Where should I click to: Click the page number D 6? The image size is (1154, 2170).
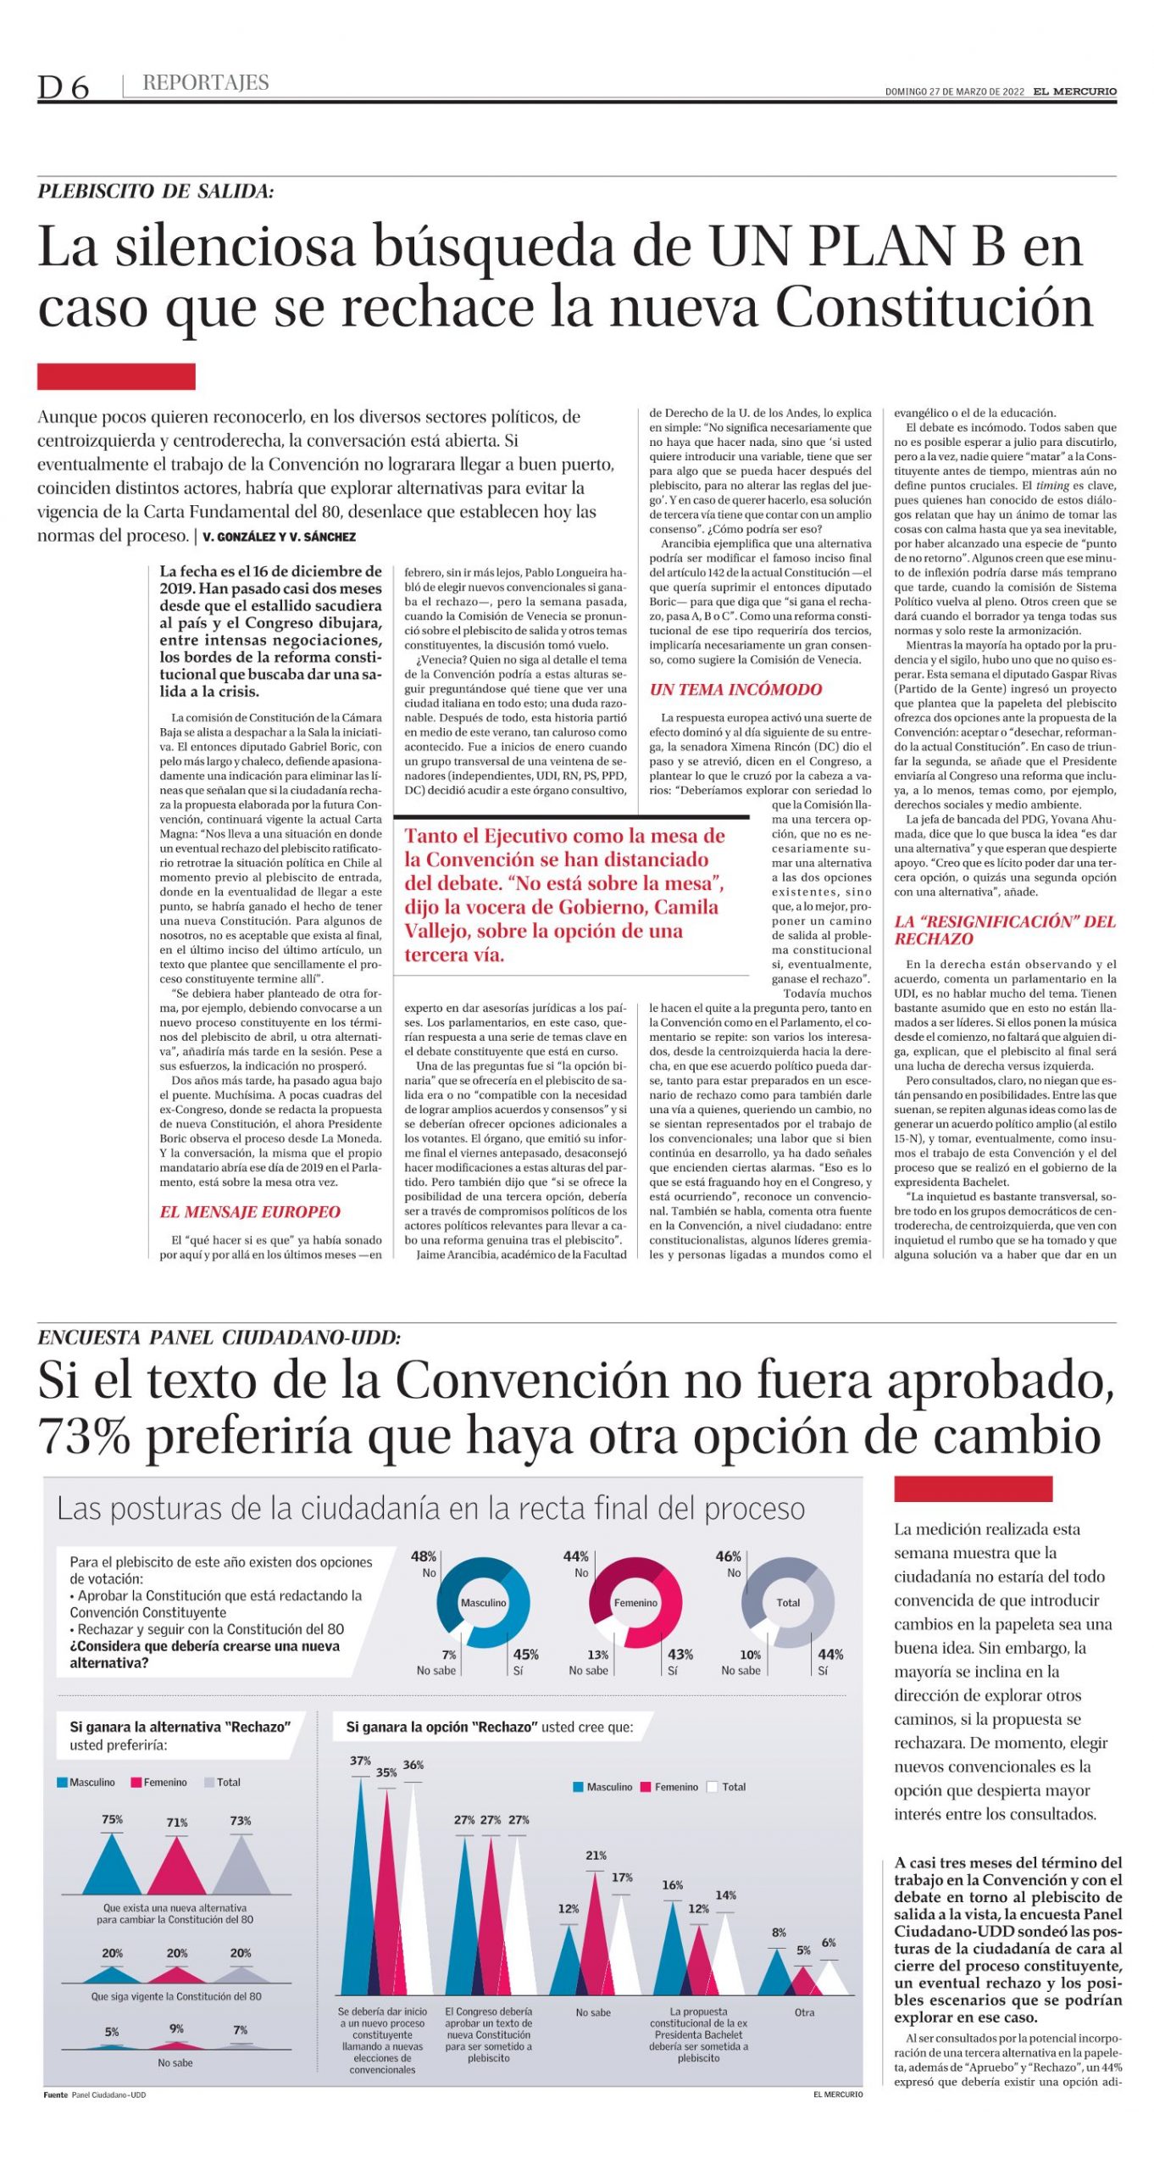(63, 86)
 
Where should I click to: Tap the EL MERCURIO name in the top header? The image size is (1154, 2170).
(1074, 92)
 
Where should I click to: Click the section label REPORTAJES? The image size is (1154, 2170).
(206, 83)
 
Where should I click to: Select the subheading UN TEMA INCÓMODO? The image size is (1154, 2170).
(735, 690)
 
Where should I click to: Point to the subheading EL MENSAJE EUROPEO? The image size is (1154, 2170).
(250, 1212)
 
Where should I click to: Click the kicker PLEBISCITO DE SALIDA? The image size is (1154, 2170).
(156, 192)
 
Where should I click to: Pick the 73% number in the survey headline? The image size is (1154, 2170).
(85, 1438)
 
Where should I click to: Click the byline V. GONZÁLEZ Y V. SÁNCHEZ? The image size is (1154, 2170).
(279, 537)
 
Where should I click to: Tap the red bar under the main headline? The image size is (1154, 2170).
(116, 377)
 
